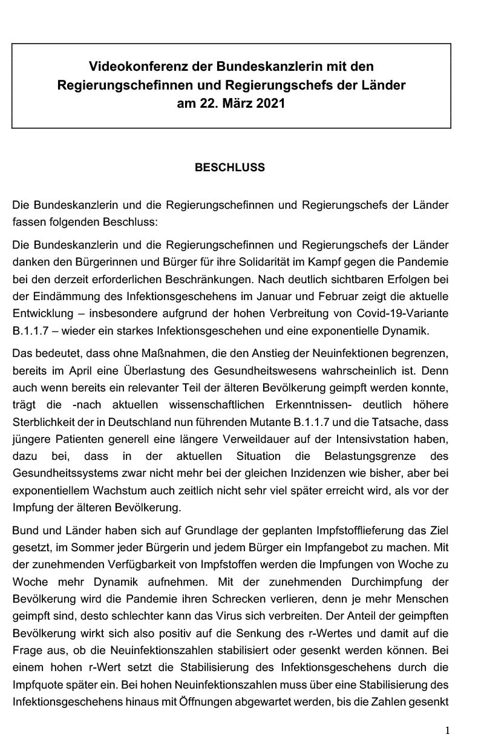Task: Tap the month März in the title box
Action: (237, 103)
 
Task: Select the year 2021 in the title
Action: (270, 103)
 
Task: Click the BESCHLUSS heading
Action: (229, 168)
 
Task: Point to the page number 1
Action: (447, 730)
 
